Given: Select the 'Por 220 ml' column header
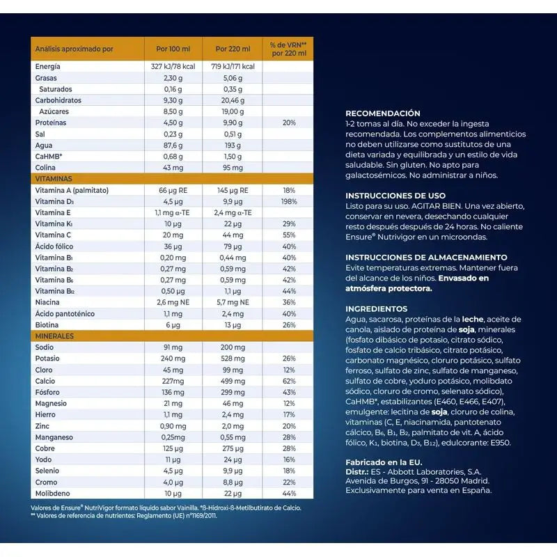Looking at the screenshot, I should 233,49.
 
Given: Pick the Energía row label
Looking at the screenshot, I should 48,66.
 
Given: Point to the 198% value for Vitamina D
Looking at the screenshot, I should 289,201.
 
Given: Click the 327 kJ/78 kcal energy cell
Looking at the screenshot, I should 173,66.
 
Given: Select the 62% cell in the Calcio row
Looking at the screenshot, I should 289,381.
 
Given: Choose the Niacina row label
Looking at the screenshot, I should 48,302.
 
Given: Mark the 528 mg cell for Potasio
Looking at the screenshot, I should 233,359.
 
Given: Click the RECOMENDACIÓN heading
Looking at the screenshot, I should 383,113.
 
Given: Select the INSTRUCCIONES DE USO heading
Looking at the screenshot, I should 395,196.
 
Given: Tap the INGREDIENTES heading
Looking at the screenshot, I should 377,308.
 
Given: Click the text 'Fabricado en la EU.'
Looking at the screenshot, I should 384,462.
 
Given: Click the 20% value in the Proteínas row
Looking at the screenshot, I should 289,123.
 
